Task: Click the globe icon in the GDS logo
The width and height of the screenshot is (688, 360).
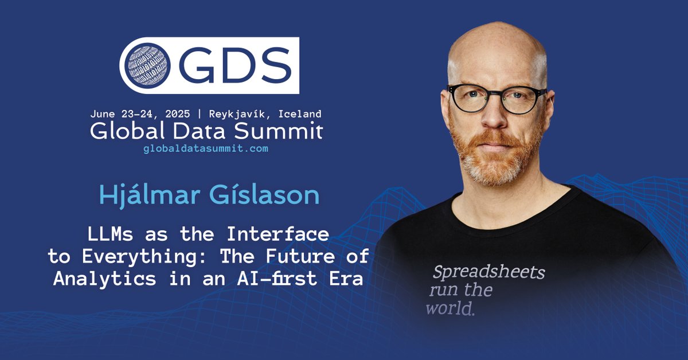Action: coord(146,65)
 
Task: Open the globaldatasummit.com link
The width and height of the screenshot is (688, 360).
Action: coord(205,148)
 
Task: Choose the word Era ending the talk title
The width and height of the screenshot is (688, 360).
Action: coord(347,279)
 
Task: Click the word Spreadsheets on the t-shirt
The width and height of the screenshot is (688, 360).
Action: coord(488,271)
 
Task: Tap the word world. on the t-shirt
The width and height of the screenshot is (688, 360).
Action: coord(450,309)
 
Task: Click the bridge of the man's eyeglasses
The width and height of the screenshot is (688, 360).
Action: coord(496,92)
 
